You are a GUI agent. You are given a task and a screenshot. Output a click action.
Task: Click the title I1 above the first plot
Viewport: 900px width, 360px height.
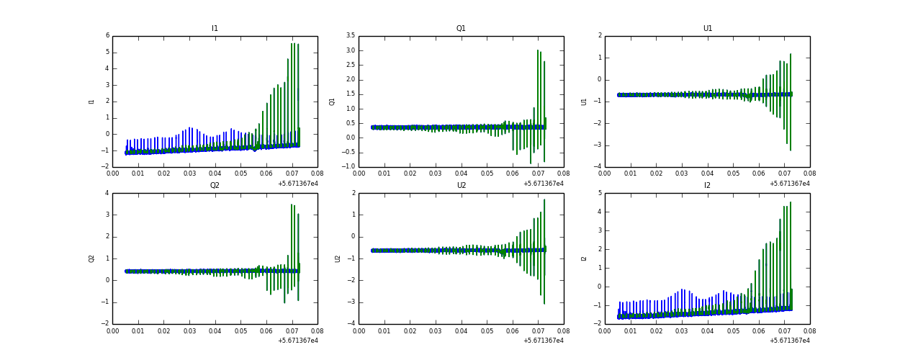click(x=215, y=29)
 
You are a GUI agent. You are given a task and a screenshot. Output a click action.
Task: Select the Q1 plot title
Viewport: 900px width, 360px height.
click(x=461, y=29)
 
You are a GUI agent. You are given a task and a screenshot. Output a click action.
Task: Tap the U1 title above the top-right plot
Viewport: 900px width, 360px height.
click(x=707, y=29)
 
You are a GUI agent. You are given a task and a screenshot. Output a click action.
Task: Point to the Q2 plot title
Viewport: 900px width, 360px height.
click(x=215, y=186)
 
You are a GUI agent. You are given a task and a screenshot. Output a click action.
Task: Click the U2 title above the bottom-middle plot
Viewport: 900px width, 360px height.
click(x=461, y=186)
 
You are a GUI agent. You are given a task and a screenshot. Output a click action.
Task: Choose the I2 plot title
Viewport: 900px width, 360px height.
click(x=707, y=186)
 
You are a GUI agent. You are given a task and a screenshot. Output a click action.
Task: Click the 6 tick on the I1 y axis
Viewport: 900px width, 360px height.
click(x=107, y=36)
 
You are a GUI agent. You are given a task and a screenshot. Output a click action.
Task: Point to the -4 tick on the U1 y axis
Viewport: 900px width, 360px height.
click(x=597, y=167)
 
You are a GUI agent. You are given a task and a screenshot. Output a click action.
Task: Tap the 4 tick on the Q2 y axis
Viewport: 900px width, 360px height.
click(x=107, y=193)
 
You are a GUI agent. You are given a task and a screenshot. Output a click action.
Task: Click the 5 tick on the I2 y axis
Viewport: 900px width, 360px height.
click(x=600, y=193)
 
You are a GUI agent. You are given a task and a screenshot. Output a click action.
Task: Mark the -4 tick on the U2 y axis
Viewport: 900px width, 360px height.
click(x=351, y=324)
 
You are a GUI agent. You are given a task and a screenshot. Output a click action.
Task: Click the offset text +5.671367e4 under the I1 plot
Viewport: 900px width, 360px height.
click(x=297, y=184)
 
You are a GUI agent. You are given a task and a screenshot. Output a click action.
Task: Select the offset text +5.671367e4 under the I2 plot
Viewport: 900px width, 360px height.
click(x=790, y=341)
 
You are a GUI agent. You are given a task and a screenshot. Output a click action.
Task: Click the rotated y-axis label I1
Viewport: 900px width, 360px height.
click(x=92, y=102)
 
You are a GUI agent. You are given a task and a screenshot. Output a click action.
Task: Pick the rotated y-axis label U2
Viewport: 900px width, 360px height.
click(x=338, y=258)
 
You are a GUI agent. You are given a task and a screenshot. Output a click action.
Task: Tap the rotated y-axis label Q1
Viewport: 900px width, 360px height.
click(x=332, y=102)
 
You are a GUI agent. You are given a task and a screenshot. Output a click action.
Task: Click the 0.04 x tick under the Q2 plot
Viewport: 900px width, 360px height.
click(x=215, y=332)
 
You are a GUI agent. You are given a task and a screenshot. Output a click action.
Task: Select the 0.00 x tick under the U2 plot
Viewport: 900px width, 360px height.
click(x=359, y=332)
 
